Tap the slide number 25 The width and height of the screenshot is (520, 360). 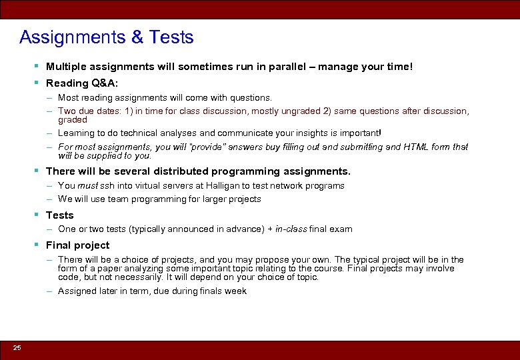17,348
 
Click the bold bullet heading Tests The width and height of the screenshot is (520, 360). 59,215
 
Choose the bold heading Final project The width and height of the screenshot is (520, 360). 77,245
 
